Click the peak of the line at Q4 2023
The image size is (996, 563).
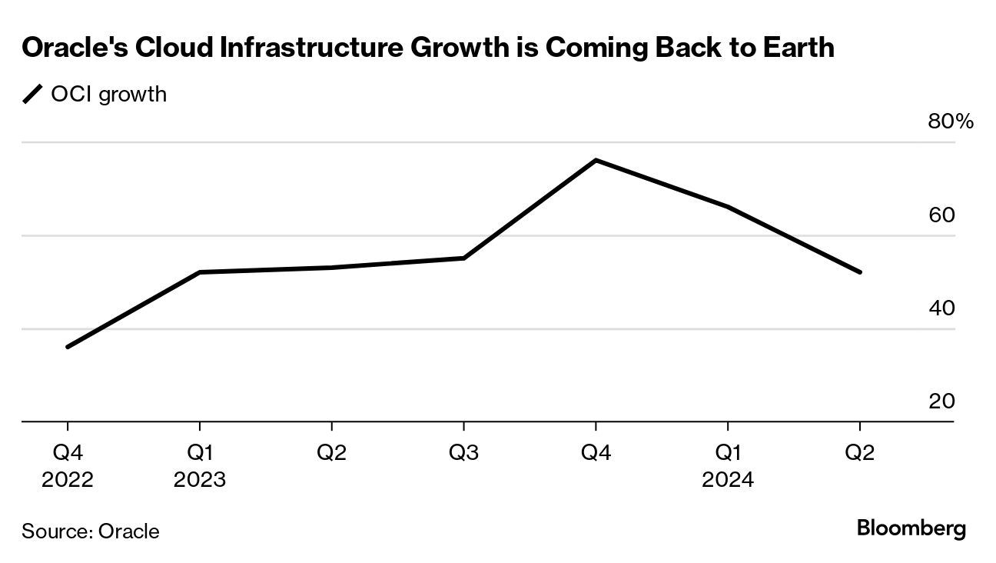click(x=596, y=160)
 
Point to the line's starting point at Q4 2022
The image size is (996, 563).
click(x=68, y=347)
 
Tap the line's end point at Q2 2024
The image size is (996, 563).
click(x=859, y=272)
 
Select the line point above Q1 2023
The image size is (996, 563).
click(x=200, y=272)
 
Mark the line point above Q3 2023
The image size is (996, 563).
click(x=463, y=258)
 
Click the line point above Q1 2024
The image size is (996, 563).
click(x=728, y=207)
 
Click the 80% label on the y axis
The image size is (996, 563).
click(x=951, y=122)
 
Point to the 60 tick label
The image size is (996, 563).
click(x=941, y=215)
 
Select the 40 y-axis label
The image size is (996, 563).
click(x=941, y=308)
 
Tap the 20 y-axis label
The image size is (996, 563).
click(x=941, y=401)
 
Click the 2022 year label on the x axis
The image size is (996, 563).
click(x=68, y=480)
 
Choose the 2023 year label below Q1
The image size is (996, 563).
click(x=200, y=480)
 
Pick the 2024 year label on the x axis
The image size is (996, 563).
click(x=728, y=480)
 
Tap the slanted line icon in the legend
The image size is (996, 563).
click(x=33, y=95)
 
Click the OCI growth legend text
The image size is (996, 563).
click(x=108, y=95)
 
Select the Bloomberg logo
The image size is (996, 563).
click(x=911, y=529)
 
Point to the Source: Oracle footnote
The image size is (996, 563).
click(x=91, y=531)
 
